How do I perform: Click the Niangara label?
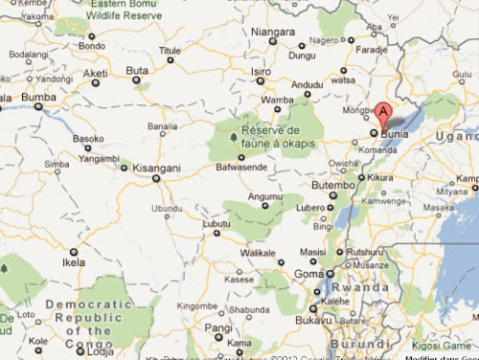point(273,32)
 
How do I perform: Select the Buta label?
point(137,70)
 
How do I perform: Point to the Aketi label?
point(95,73)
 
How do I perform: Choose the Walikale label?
point(258,252)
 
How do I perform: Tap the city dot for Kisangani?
point(156,177)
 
